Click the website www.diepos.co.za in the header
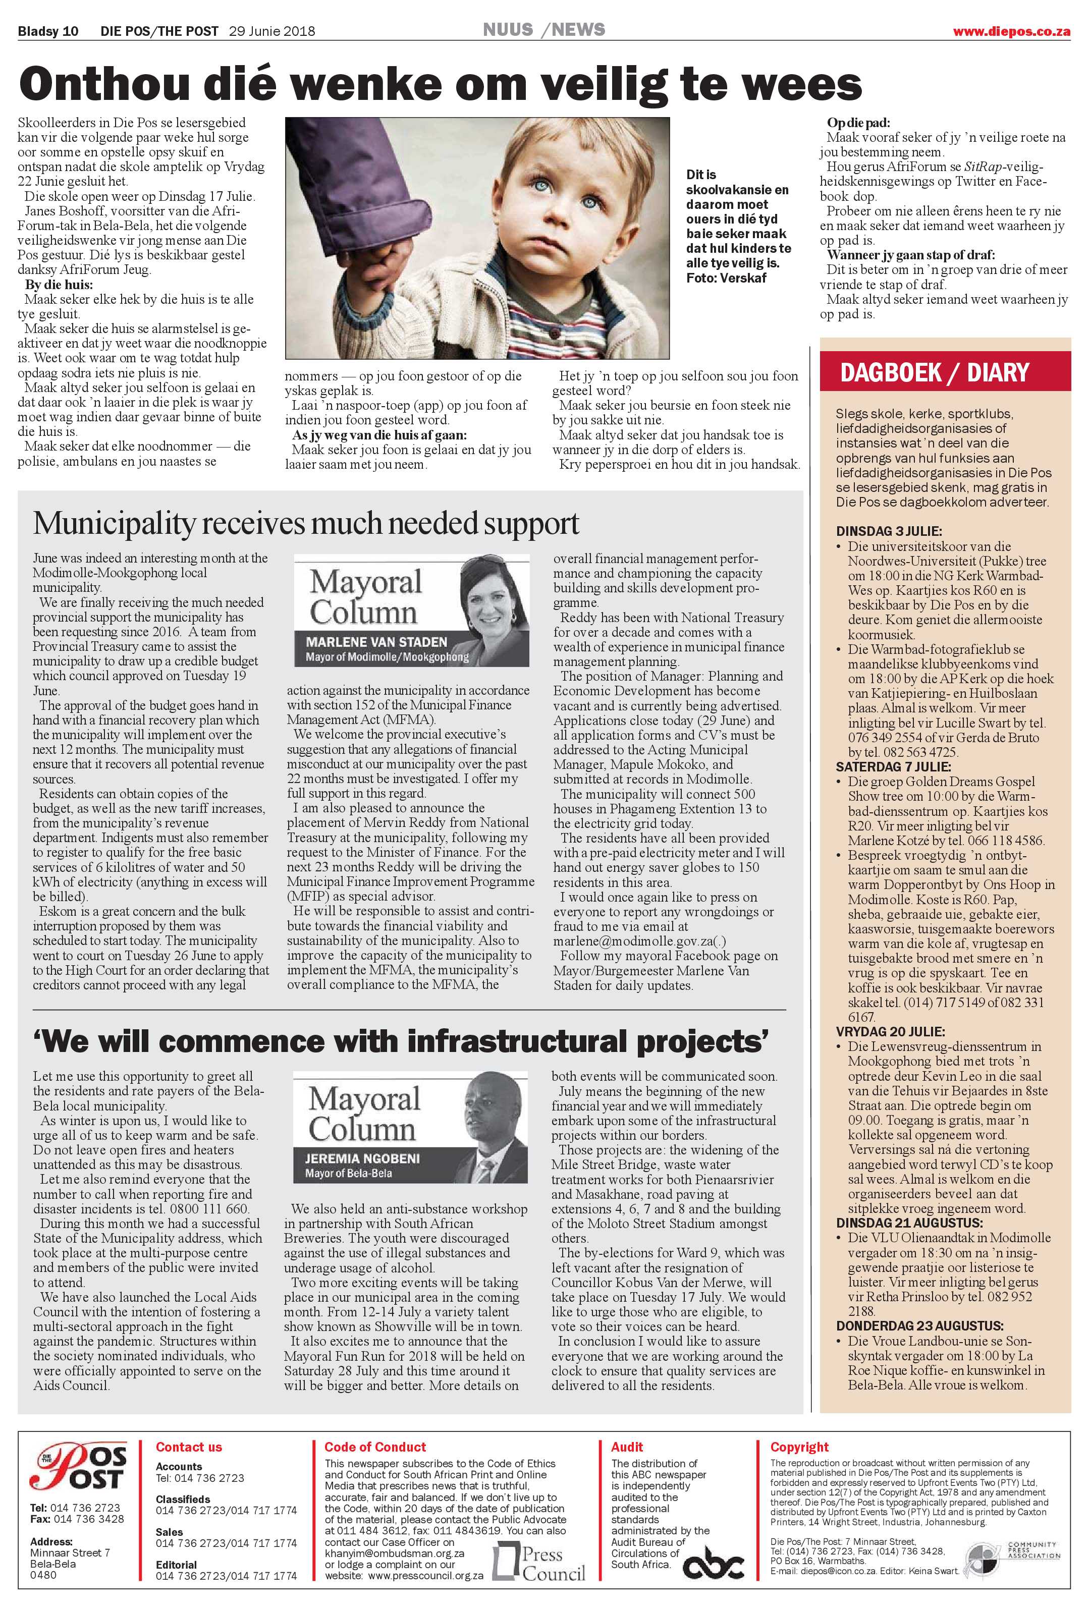1011,31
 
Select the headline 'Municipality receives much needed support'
306,523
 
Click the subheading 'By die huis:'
59,285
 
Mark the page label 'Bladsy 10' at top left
48,31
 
